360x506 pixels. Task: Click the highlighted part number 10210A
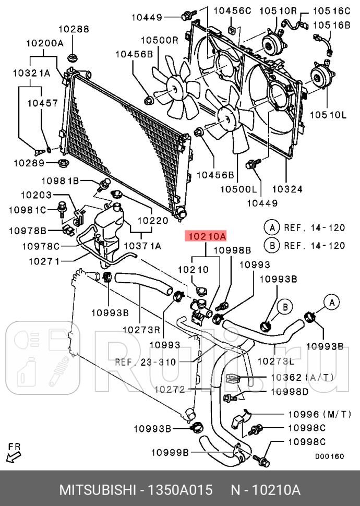pyautogui.click(x=206, y=237)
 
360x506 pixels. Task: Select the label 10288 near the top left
pyautogui.click(x=73, y=29)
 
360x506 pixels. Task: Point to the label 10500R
pyautogui.click(x=159, y=40)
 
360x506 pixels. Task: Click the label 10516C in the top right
pyautogui.click(x=331, y=10)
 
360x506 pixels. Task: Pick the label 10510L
pyautogui.click(x=328, y=114)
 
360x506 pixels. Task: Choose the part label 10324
pyautogui.click(x=287, y=189)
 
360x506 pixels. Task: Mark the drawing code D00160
pyautogui.click(x=329, y=456)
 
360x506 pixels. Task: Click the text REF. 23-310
pyautogui.click(x=146, y=362)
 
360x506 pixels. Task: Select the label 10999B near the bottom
pyautogui.click(x=170, y=452)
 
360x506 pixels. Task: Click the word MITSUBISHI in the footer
pyautogui.click(x=97, y=490)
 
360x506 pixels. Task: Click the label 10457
pyautogui.click(x=42, y=103)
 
